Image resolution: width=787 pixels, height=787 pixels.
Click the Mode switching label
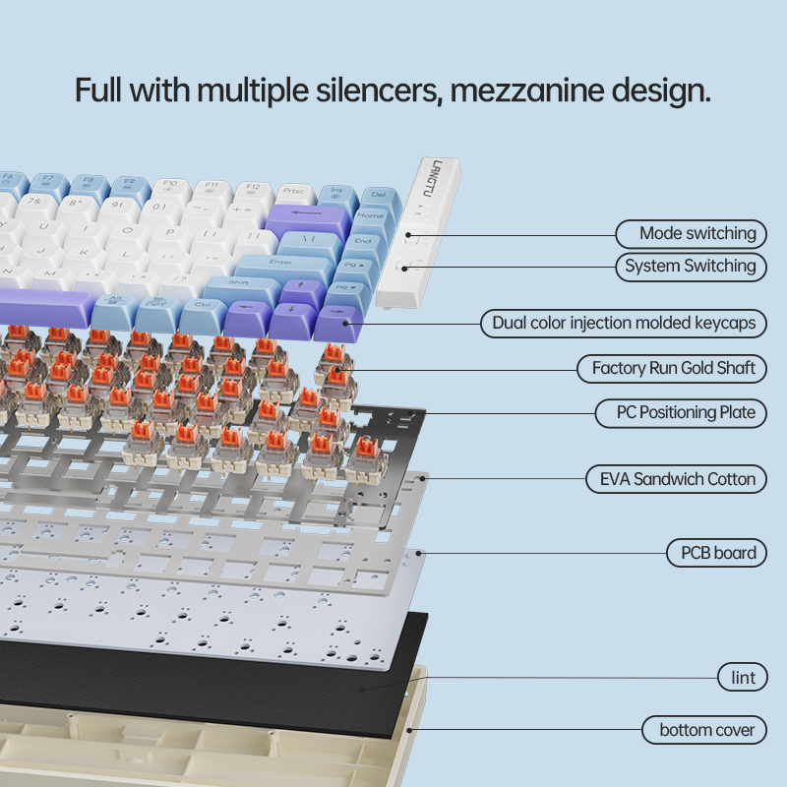[x=696, y=233]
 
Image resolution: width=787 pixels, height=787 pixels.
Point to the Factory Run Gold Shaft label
[x=673, y=368]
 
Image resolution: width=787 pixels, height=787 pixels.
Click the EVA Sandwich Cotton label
[x=677, y=479]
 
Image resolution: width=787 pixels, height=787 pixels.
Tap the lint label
[x=743, y=677]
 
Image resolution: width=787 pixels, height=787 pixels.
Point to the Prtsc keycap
[x=293, y=191]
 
